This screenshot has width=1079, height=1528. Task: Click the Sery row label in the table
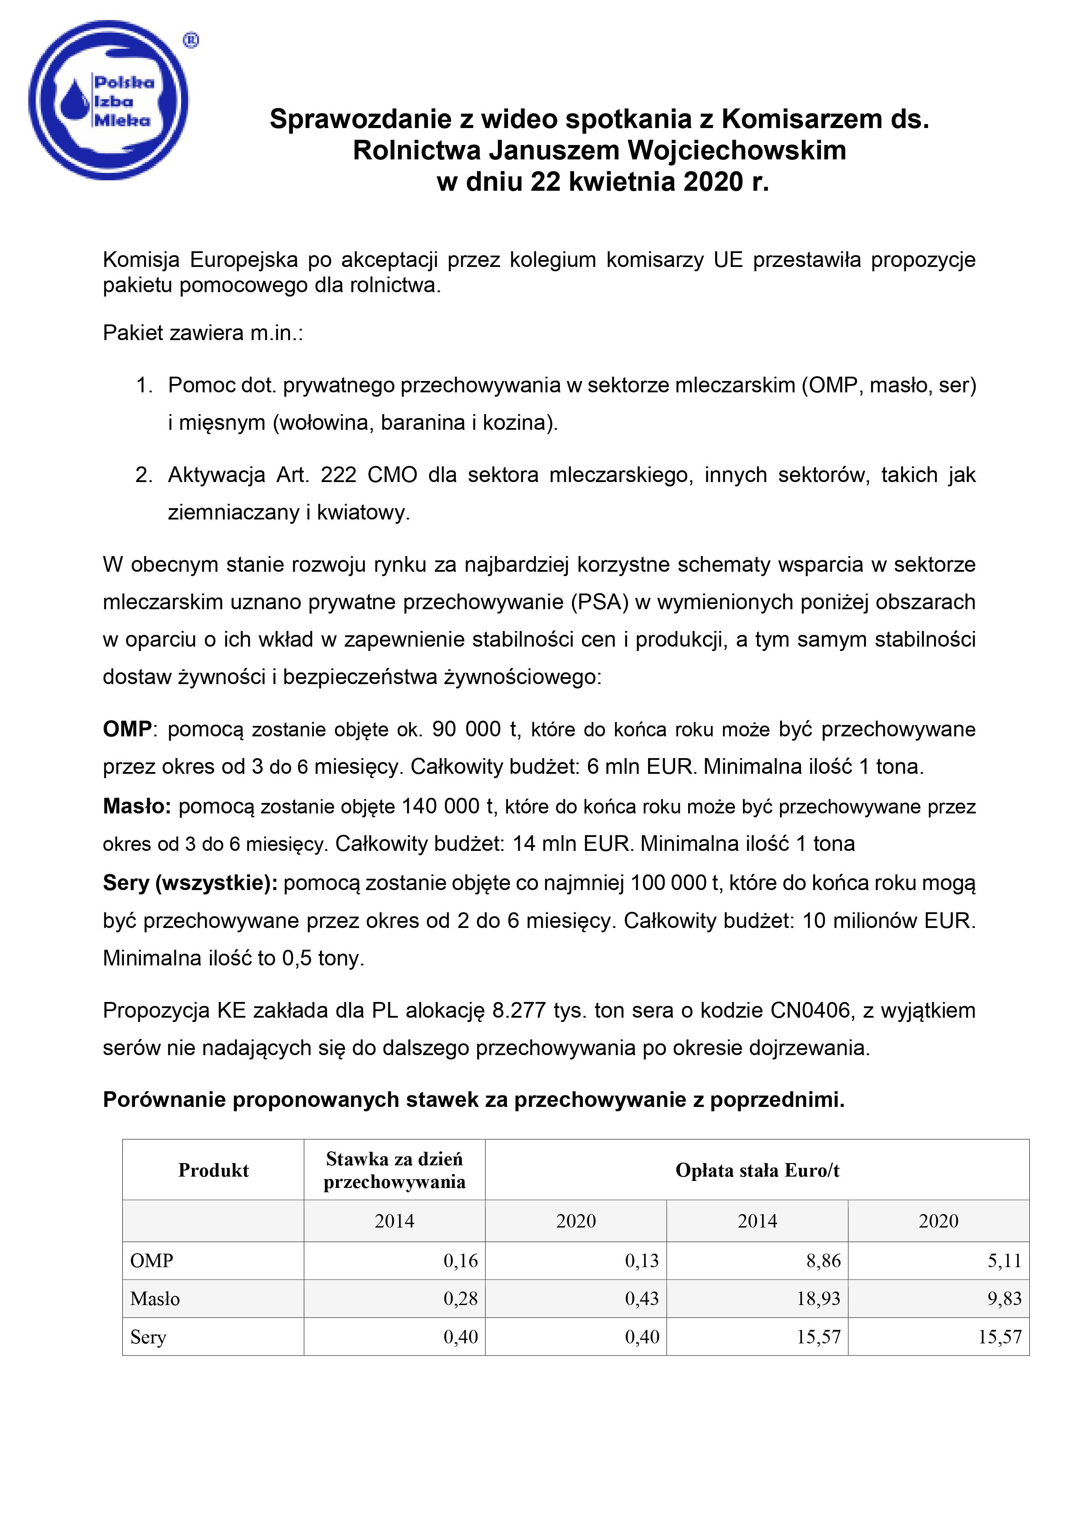coord(148,1337)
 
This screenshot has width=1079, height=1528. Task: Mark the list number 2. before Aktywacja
coord(144,475)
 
